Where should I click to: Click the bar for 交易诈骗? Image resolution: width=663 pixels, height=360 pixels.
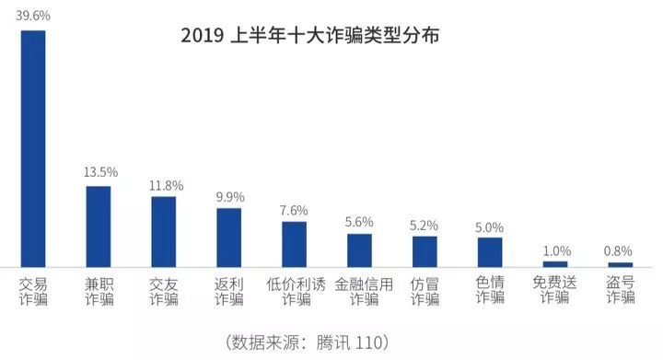pos(33,148)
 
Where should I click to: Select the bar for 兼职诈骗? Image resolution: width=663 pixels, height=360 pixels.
pos(99,226)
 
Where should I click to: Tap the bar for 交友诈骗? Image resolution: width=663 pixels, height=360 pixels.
pos(164,231)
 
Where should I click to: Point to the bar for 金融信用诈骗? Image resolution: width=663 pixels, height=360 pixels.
pos(359,250)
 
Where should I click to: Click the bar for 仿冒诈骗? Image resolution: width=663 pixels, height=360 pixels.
pos(425,251)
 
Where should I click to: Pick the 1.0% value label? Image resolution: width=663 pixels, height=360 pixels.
pos(556,250)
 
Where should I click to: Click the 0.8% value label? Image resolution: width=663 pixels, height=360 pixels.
pos(621,250)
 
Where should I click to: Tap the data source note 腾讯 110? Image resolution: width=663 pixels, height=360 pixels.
pos(308,342)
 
